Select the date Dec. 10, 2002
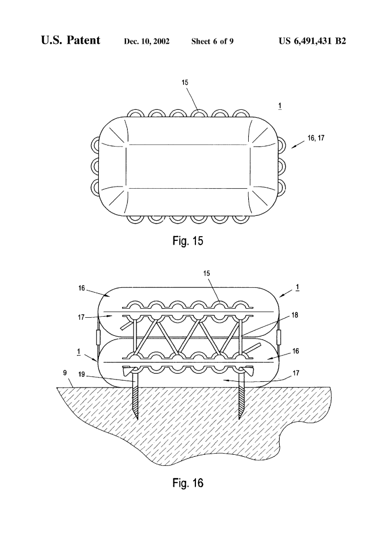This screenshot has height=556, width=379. coord(147,42)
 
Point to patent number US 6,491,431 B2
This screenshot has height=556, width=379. coord(304,41)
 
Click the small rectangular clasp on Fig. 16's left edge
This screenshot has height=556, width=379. coord(97,337)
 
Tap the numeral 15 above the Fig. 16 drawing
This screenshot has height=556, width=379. coord(207,273)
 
